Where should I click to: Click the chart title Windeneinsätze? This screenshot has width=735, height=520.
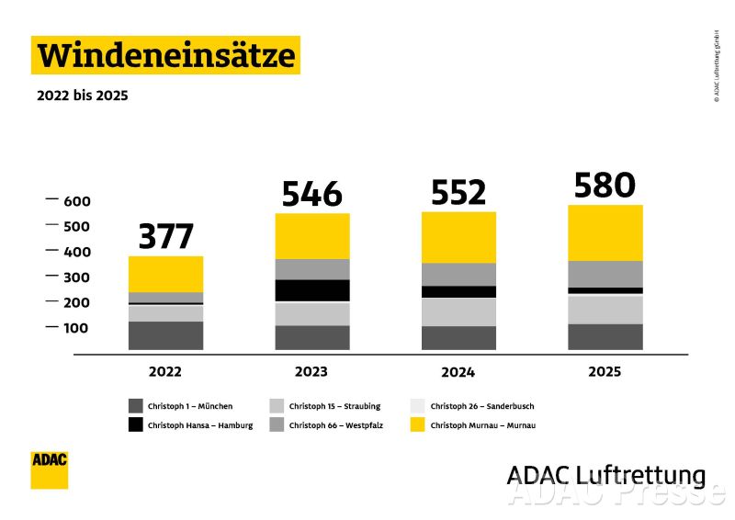coord(165,56)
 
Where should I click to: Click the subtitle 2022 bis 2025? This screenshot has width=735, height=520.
coord(82,95)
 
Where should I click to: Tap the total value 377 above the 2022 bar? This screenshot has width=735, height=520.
coord(166,236)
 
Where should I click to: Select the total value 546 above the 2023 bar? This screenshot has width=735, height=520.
coord(311,194)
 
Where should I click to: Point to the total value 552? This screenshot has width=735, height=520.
coord(458,193)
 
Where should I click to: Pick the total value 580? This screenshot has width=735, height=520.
coord(605,185)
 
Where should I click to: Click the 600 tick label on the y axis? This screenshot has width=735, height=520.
coord(77,201)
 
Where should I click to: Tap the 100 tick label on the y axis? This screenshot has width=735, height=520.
coord(77,328)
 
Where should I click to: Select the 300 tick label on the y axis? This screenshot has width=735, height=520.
coord(77,277)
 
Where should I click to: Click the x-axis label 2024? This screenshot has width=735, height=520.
coord(458,372)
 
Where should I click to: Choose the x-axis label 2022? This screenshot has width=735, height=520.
coord(165,372)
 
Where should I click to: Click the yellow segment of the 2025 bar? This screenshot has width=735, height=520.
coord(605,232)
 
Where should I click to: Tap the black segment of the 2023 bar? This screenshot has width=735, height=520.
coord(312,290)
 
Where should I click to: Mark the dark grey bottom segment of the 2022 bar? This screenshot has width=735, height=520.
coord(166,335)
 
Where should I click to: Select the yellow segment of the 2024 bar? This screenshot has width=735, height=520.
coord(458,238)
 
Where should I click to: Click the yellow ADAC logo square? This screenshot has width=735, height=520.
coord(50,469)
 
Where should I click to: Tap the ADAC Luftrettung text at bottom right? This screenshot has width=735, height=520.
coord(605,475)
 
